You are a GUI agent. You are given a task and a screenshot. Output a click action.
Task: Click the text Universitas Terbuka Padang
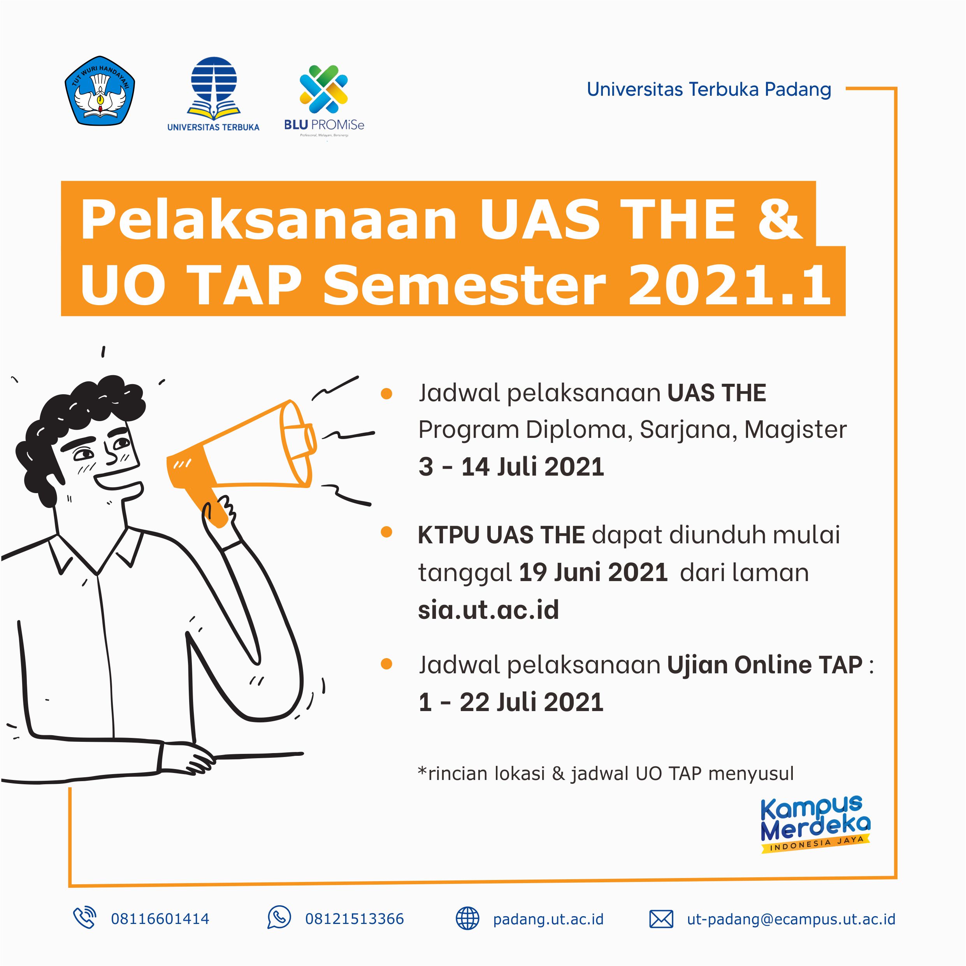point(709,90)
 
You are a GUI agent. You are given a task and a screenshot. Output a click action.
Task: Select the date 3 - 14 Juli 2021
point(511,467)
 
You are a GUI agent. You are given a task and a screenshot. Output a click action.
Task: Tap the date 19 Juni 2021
point(593,572)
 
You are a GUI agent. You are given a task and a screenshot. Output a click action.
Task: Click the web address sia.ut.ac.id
point(488,609)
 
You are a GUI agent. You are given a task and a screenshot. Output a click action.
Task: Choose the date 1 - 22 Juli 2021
point(511,702)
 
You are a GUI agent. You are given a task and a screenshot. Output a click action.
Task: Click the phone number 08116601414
point(160,919)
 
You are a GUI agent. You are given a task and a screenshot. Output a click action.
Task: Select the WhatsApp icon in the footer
point(279,917)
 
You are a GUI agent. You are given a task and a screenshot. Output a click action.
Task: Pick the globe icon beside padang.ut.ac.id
point(467,919)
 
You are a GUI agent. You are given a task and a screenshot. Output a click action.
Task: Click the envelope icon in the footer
point(661,919)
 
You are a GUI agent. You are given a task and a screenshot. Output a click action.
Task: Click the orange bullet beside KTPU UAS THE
point(386,532)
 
